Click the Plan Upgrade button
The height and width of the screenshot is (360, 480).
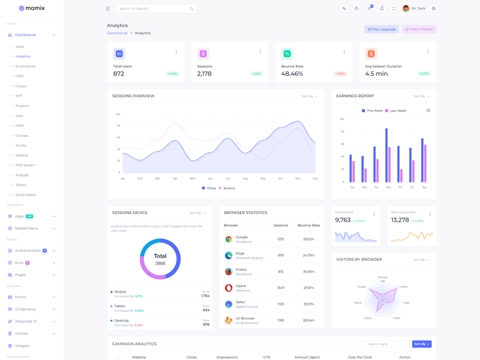(x=382, y=29)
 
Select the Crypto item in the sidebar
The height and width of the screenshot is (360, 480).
(x=21, y=86)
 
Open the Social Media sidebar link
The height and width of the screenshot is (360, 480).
(x=26, y=195)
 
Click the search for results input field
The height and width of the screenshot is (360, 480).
(x=153, y=8)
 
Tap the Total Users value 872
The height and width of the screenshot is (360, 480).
(x=119, y=74)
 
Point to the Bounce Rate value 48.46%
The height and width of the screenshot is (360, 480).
(x=292, y=74)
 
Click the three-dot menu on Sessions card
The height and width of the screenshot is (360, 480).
(x=260, y=52)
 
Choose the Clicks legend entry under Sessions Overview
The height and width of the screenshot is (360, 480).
(x=209, y=188)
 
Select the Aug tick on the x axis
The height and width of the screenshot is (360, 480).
(x=245, y=178)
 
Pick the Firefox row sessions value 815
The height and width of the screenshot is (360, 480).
(x=281, y=271)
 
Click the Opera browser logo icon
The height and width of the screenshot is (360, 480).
(x=229, y=288)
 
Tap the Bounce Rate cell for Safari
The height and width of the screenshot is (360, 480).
(x=308, y=304)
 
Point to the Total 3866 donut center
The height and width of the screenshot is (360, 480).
(x=160, y=259)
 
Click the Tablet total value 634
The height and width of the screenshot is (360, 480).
(x=206, y=310)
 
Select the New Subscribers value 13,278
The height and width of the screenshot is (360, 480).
(x=400, y=220)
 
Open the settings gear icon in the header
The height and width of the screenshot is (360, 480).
(x=434, y=8)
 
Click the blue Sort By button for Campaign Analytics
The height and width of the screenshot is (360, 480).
(x=422, y=344)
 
